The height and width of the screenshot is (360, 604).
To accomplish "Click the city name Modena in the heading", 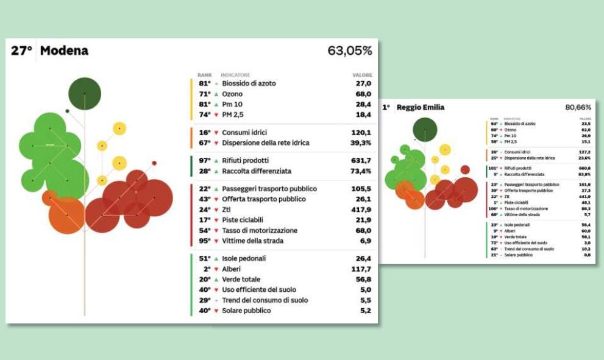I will [x=64, y=51].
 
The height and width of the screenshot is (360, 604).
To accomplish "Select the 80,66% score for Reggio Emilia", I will [x=578, y=107].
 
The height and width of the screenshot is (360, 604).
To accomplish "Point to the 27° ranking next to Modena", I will [x=21, y=51].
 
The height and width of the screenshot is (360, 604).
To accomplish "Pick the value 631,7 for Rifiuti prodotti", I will [x=361, y=161].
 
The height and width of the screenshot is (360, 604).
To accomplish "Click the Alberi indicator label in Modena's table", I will [x=231, y=269].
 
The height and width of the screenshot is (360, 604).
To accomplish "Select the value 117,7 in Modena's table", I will [x=361, y=269].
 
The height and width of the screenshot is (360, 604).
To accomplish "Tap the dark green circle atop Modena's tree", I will [x=84, y=94].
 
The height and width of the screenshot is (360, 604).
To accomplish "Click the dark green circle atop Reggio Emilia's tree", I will [x=425, y=130].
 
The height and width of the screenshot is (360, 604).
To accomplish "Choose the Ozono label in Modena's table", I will [x=232, y=94].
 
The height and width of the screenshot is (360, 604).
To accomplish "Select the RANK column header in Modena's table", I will [x=204, y=75].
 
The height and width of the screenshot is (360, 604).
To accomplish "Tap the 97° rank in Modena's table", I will [x=204, y=161].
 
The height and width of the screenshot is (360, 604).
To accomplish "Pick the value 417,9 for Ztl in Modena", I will [x=361, y=210].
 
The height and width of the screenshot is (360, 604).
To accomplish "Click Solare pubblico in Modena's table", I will [x=247, y=311].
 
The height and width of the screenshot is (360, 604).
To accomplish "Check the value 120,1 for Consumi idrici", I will [x=361, y=132].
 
